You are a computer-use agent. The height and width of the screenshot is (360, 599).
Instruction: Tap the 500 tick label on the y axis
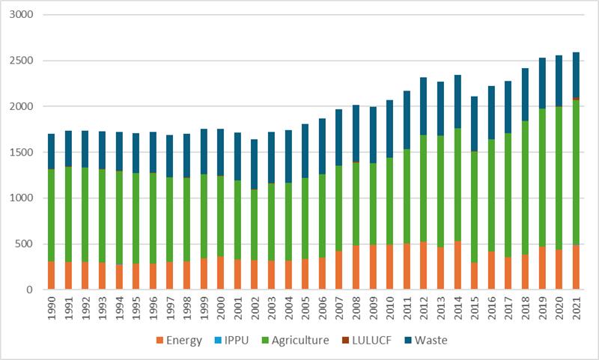pyautogui.click(x=28, y=244)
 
